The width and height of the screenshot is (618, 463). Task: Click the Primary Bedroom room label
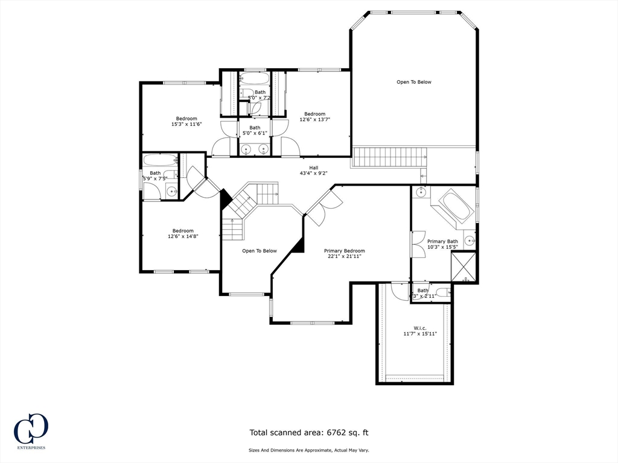pyautogui.click(x=345, y=254)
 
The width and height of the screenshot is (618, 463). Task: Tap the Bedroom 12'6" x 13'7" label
pyautogui.click(x=314, y=117)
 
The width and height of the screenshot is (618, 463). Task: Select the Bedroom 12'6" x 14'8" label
pyautogui.click(x=183, y=234)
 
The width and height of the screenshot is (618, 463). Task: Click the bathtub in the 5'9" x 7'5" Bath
pyautogui.click(x=160, y=160)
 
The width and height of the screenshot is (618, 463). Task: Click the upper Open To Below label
pyautogui.click(x=414, y=82)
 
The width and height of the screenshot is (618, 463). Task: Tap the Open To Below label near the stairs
pyautogui.click(x=260, y=251)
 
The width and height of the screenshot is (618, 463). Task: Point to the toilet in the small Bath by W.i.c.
pyautogui.click(x=442, y=293)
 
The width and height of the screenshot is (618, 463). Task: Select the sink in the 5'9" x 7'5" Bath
pyautogui.click(x=171, y=192)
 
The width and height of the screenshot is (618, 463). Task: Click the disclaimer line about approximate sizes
pyautogui.click(x=308, y=450)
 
